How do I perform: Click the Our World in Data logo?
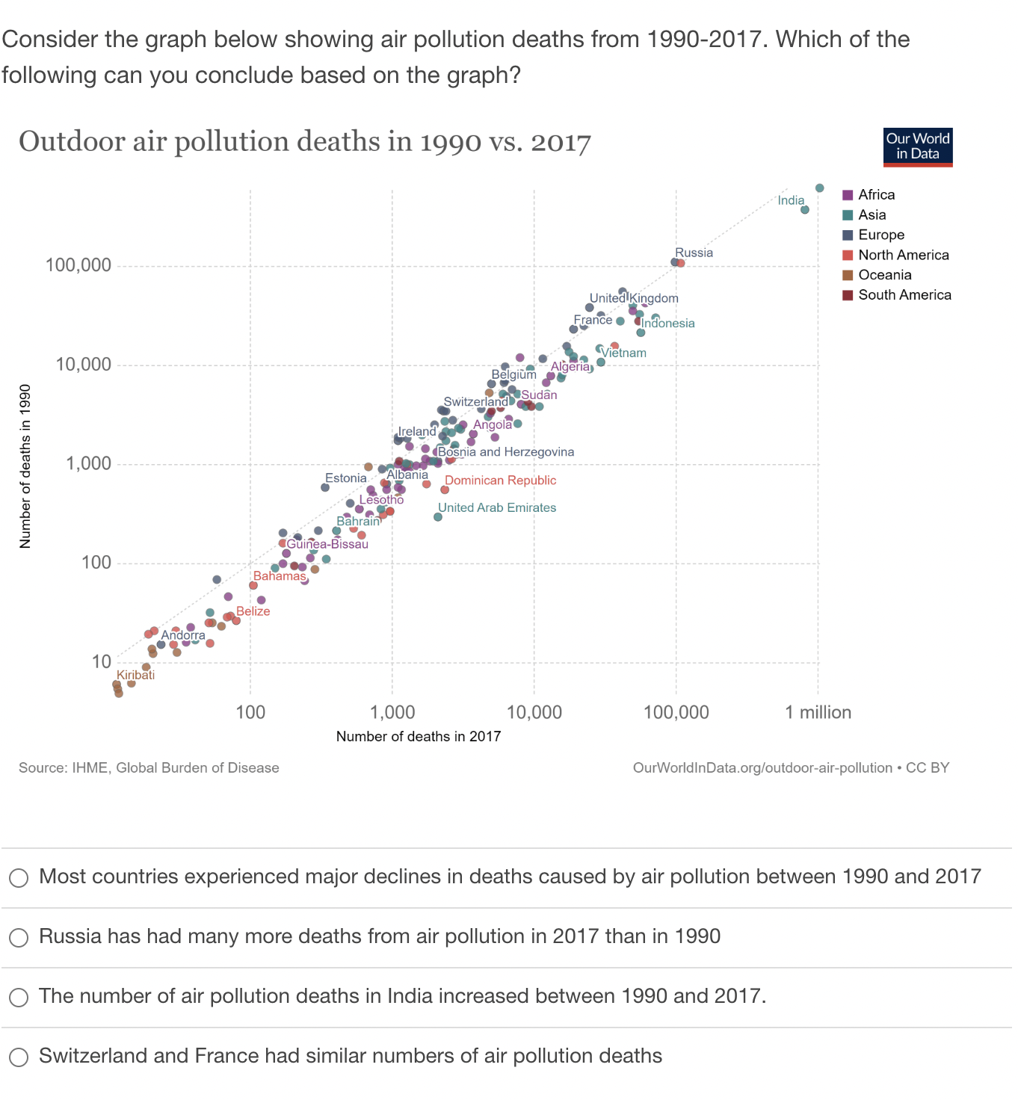tap(917, 146)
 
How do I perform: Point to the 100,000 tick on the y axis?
tap(78, 265)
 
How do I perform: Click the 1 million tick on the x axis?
tap(818, 712)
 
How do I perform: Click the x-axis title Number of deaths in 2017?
tap(418, 737)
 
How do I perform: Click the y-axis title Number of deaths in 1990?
tap(25, 466)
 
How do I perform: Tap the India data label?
tap(790, 200)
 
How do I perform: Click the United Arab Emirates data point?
tap(438, 517)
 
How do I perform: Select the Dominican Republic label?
tap(500, 481)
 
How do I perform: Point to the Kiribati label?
tap(135, 675)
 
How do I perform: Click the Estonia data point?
tap(325, 487)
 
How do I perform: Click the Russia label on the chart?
tap(694, 253)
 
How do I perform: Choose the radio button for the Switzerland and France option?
tap(19, 1057)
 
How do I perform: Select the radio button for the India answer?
tap(19, 997)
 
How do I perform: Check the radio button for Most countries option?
tap(19, 877)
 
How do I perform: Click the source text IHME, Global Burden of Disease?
tap(175, 768)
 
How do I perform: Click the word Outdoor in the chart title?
tap(72, 142)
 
